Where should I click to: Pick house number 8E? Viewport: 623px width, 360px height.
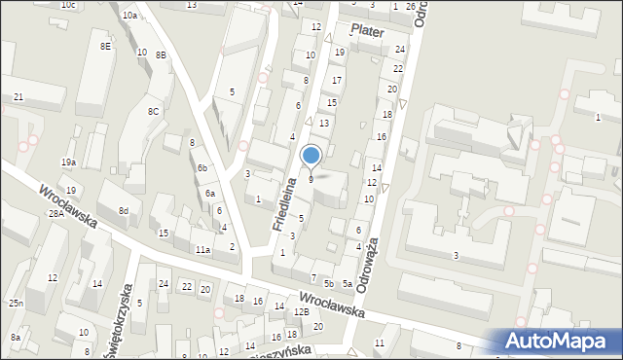(x=105, y=46)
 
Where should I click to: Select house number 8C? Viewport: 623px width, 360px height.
(x=154, y=112)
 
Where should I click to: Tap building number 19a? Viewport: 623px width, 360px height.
(x=68, y=162)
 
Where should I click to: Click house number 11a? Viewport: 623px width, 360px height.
(x=202, y=250)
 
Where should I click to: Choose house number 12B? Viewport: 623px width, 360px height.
(x=302, y=311)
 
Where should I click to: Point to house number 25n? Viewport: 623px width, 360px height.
(x=17, y=304)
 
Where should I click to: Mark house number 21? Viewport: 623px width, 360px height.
(x=18, y=97)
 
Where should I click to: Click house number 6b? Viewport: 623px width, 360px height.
(x=202, y=168)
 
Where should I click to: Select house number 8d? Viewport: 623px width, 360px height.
(x=124, y=210)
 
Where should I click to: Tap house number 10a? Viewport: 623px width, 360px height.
(x=129, y=16)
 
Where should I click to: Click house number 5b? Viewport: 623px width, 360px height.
(x=329, y=283)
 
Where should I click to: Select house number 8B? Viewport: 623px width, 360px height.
(x=161, y=54)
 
